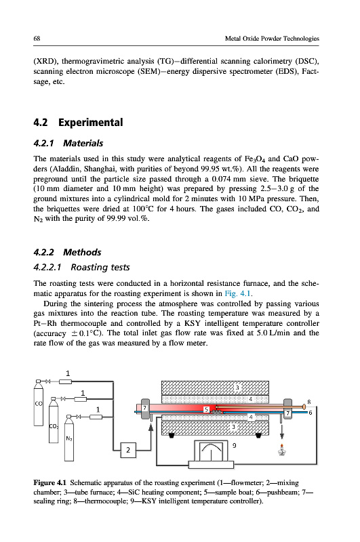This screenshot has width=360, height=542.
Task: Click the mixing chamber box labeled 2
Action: tap(128, 450)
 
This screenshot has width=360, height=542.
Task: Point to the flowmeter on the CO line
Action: tap(65, 381)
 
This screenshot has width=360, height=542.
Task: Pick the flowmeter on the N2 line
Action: tap(96, 417)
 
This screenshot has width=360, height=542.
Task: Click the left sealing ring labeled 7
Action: tap(145, 409)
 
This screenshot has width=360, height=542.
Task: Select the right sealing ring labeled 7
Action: tap(287, 409)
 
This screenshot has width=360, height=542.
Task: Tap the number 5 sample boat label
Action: tap(207, 409)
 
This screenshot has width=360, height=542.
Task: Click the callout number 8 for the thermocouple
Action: tap(309, 402)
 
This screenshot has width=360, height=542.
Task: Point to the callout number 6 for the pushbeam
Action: tap(311, 413)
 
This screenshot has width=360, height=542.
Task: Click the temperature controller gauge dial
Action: tap(211, 451)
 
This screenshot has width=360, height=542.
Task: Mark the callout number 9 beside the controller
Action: tap(234, 446)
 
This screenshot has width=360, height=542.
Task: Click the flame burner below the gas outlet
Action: tap(282, 450)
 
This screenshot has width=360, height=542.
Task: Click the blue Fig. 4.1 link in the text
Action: tap(238, 294)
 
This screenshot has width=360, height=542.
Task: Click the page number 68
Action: tap(37, 39)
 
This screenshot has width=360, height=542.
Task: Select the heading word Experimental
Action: tap(91, 123)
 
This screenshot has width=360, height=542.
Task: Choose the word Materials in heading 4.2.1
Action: tap(83, 143)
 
